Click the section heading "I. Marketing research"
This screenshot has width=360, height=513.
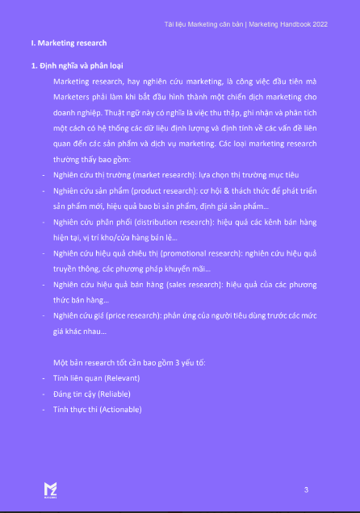(69, 43)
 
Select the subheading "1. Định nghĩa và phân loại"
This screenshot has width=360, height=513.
(77, 65)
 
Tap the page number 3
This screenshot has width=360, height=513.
(306, 490)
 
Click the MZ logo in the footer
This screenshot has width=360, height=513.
(50, 489)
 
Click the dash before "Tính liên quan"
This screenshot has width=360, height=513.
(43, 378)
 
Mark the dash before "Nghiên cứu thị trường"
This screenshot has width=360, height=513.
(43, 174)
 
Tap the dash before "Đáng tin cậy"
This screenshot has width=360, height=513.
(43, 394)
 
